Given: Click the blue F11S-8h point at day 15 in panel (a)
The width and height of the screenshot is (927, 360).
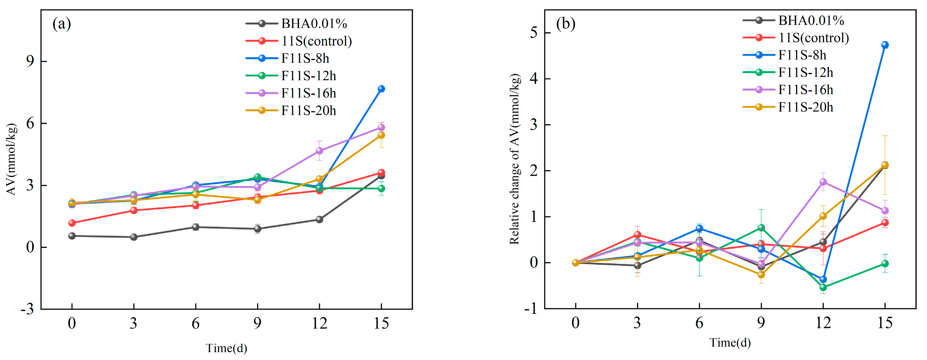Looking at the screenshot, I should pos(381,89).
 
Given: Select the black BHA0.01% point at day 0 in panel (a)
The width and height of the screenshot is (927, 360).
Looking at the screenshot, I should pos(72,236).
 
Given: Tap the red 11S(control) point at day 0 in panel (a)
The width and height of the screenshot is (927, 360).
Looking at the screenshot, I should pos(72,223).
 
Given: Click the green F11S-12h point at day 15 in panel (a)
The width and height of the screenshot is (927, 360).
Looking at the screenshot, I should pos(381,189).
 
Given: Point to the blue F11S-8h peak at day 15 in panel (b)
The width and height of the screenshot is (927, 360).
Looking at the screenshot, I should pos(885,45).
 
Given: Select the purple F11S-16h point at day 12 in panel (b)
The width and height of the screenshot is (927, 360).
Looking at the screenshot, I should pos(823,182).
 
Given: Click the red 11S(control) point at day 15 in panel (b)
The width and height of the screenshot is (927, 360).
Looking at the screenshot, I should pos(885,222).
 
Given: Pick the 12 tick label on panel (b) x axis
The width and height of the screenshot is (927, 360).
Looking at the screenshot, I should pos(823,323).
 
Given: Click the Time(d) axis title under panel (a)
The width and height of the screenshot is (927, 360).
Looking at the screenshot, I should pos(226,348).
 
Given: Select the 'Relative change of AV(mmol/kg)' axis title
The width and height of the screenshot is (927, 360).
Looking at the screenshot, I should pos(515,159).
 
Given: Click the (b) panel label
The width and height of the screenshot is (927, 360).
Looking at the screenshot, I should pos(566,24).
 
